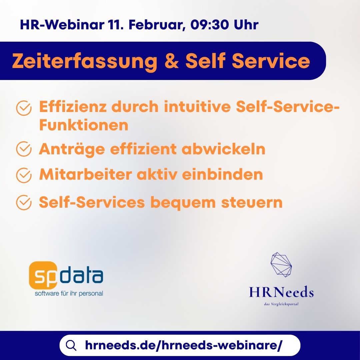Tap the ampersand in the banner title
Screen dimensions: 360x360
tap(171, 61)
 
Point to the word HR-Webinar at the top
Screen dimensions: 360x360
tap(62, 25)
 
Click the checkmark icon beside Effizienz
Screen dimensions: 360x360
tap(24, 108)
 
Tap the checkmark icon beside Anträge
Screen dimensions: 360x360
tap(24, 149)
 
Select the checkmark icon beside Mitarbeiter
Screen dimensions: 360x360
tap(24, 175)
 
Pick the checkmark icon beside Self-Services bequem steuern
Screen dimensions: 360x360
tap(24, 203)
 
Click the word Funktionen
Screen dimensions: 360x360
tap(84, 125)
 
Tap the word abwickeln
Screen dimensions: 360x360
tap(223, 149)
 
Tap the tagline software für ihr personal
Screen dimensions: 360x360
tap(69, 294)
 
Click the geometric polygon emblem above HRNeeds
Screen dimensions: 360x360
tap(281, 265)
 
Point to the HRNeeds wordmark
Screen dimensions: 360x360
tap(281, 293)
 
